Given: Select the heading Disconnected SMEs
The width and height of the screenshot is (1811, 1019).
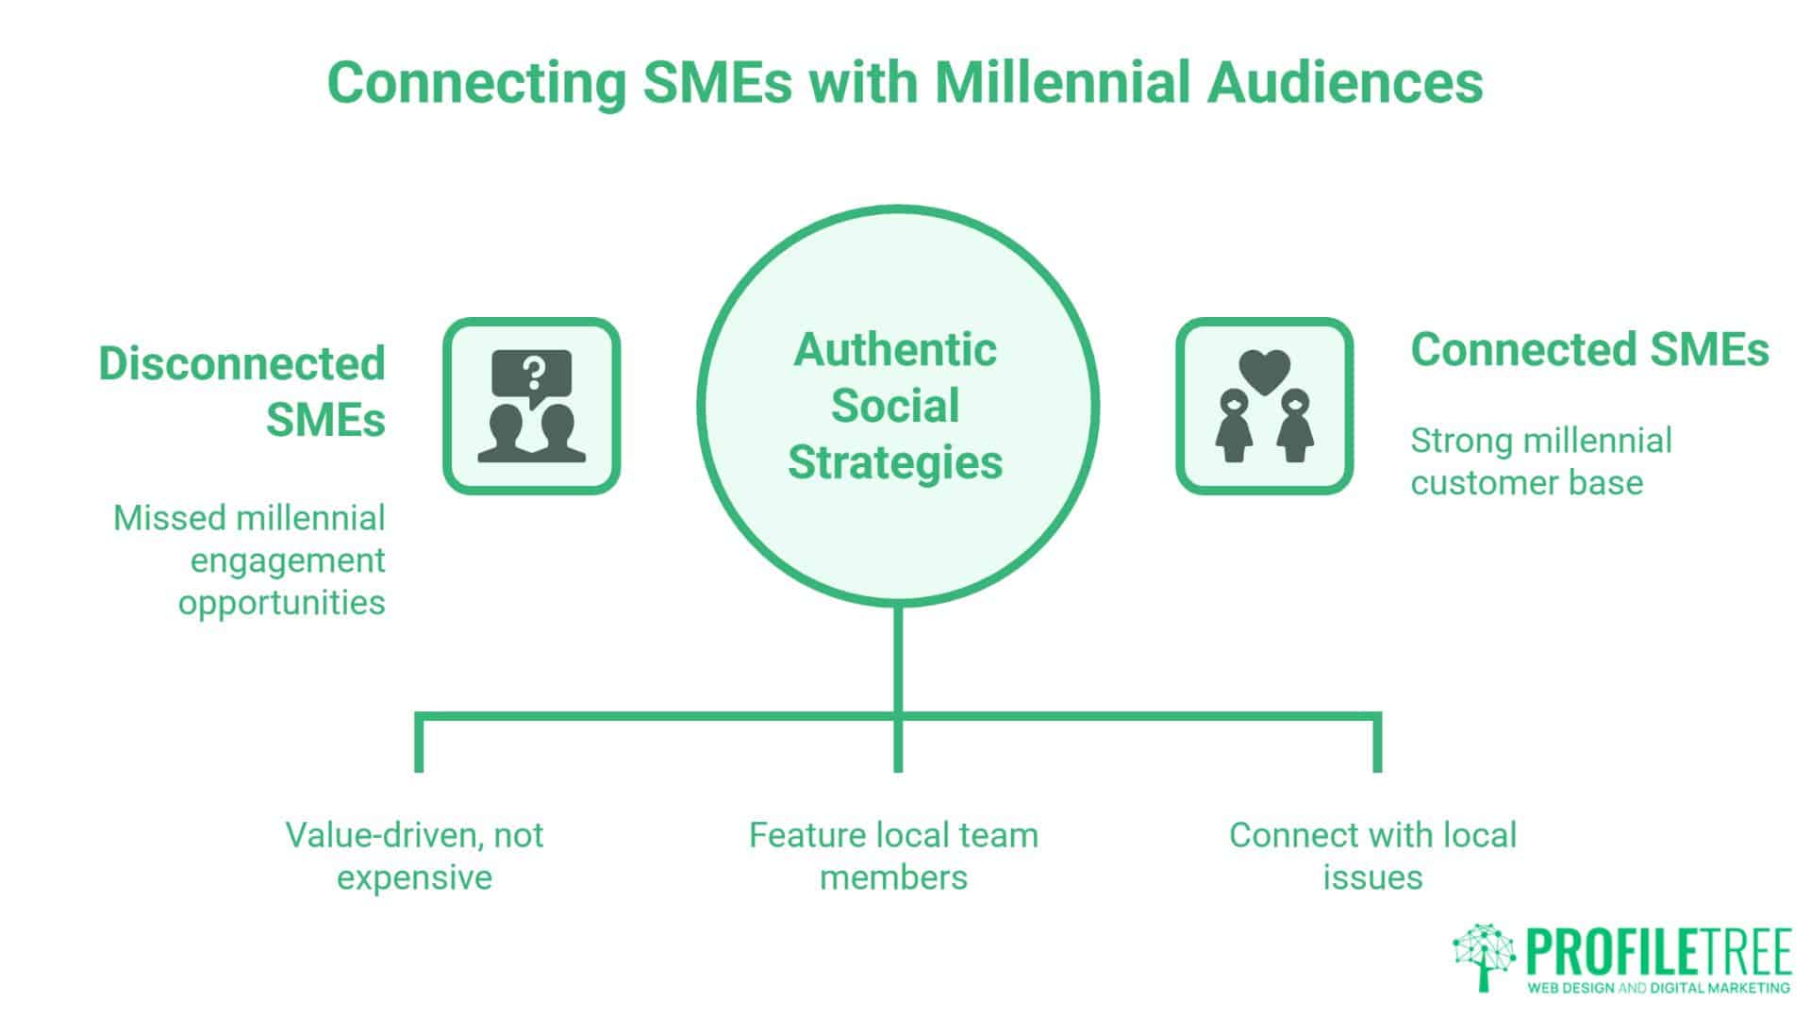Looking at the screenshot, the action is pos(242,391).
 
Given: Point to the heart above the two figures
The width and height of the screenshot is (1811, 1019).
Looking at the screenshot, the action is pos(1264,371).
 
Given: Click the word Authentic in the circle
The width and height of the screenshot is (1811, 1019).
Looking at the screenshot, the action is pos(895,350).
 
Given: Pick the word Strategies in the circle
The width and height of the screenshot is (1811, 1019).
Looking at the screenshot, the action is pos(895,462).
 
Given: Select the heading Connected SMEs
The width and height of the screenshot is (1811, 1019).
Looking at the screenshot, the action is pos(1589,349).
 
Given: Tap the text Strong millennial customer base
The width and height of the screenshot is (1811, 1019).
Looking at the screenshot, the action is pos(1540,461).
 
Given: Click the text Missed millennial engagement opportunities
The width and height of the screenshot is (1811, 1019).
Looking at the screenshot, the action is pos(251,560).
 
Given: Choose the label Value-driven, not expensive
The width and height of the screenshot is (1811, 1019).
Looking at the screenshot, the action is pos(414,856).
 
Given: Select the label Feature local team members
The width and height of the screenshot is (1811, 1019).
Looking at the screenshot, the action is pos(893,856).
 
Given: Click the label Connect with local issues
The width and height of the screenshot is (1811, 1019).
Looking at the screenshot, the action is pos(1372,856).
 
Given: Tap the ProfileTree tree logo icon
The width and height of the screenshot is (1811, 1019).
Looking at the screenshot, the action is pos(1484,956).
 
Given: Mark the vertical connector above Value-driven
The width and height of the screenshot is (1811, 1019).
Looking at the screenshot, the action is pos(419,744).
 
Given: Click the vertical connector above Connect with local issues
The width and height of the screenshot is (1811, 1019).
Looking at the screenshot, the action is pos(1377,744).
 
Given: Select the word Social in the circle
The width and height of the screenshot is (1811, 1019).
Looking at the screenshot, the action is pos(895,406).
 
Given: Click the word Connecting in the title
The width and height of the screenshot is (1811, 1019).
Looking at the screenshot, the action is pos(476,82).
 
